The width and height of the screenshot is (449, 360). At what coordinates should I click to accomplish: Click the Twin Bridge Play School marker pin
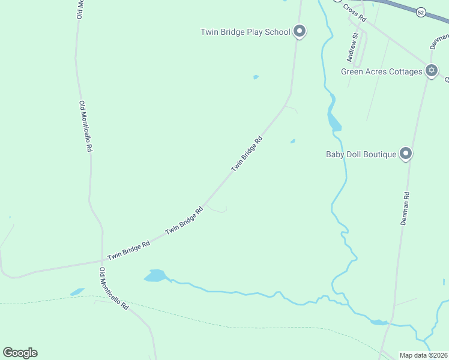click(x=300, y=31)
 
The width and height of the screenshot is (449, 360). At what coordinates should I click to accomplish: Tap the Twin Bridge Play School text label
click(x=246, y=32)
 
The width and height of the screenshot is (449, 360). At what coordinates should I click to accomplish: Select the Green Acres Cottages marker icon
click(x=431, y=71)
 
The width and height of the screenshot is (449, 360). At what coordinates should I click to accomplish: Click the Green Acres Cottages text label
click(x=382, y=71)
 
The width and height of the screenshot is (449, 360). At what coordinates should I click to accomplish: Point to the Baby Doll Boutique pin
click(x=406, y=154)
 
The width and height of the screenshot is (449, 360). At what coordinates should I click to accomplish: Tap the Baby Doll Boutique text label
click(x=361, y=154)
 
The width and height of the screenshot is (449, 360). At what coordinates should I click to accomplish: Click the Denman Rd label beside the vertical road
click(x=405, y=208)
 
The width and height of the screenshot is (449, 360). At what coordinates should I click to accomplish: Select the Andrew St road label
click(x=352, y=47)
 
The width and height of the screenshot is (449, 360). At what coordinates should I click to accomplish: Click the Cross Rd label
click(x=355, y=13)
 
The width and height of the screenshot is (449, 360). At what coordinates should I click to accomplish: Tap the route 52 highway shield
click(x=421, y=12)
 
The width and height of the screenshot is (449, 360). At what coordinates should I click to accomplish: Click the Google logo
click(x=20, y=353)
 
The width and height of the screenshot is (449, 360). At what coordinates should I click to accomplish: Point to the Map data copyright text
click(x=423, y=355)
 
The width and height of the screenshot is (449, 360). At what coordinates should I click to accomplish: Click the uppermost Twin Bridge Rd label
click(x=247, y=154)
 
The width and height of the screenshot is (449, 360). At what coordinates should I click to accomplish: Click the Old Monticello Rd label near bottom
click(x=114, y=288)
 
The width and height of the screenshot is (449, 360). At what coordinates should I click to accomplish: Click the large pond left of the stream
click(x=155, y=275)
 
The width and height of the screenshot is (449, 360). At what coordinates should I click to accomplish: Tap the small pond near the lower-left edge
click(x=77, y=292)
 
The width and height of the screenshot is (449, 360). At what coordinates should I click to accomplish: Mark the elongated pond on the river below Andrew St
click(x=334, y=122)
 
